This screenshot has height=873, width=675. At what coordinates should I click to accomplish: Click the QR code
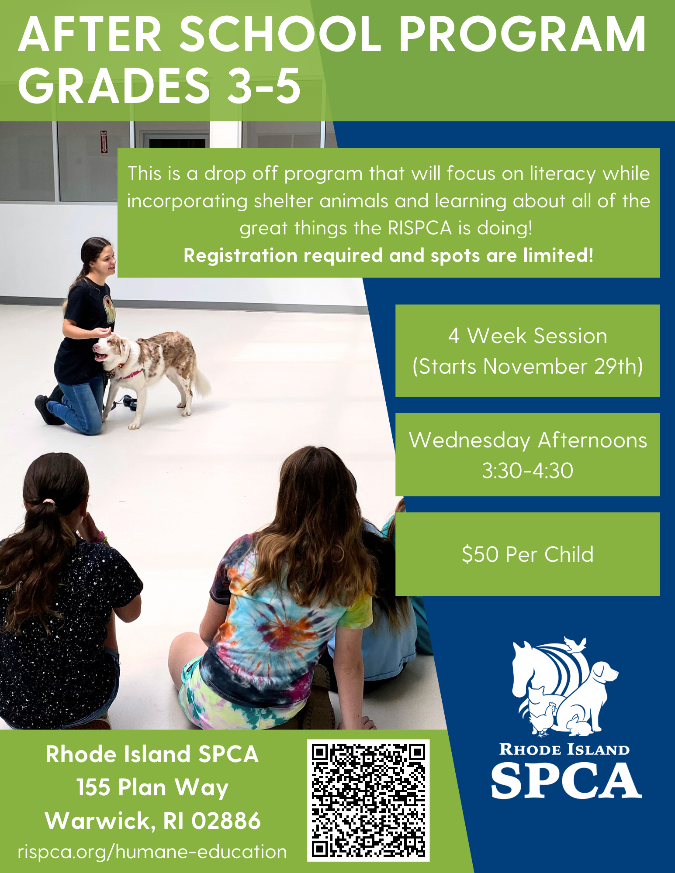click(x=368, y=800)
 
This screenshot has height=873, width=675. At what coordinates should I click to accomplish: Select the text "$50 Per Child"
click(x=528, y=554)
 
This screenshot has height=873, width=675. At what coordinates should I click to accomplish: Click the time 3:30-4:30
click(x=528, y=471)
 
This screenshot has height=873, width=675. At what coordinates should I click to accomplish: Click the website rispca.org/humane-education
click(x=152, y=852)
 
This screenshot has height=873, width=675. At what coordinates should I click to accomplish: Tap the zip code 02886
click(x=226, y=821)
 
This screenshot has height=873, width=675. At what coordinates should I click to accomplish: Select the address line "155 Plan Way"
click(x=152, y=788)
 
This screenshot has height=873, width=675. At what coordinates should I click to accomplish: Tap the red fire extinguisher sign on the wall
click(x=104, y=141)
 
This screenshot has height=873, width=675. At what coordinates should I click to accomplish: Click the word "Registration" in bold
click(x=240, y=255)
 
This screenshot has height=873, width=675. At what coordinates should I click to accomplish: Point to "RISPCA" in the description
click(x=419, y=228)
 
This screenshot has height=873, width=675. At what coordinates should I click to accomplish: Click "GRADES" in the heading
click(x=114, y=86)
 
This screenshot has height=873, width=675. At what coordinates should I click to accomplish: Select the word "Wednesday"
click(x=469, y=441)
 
